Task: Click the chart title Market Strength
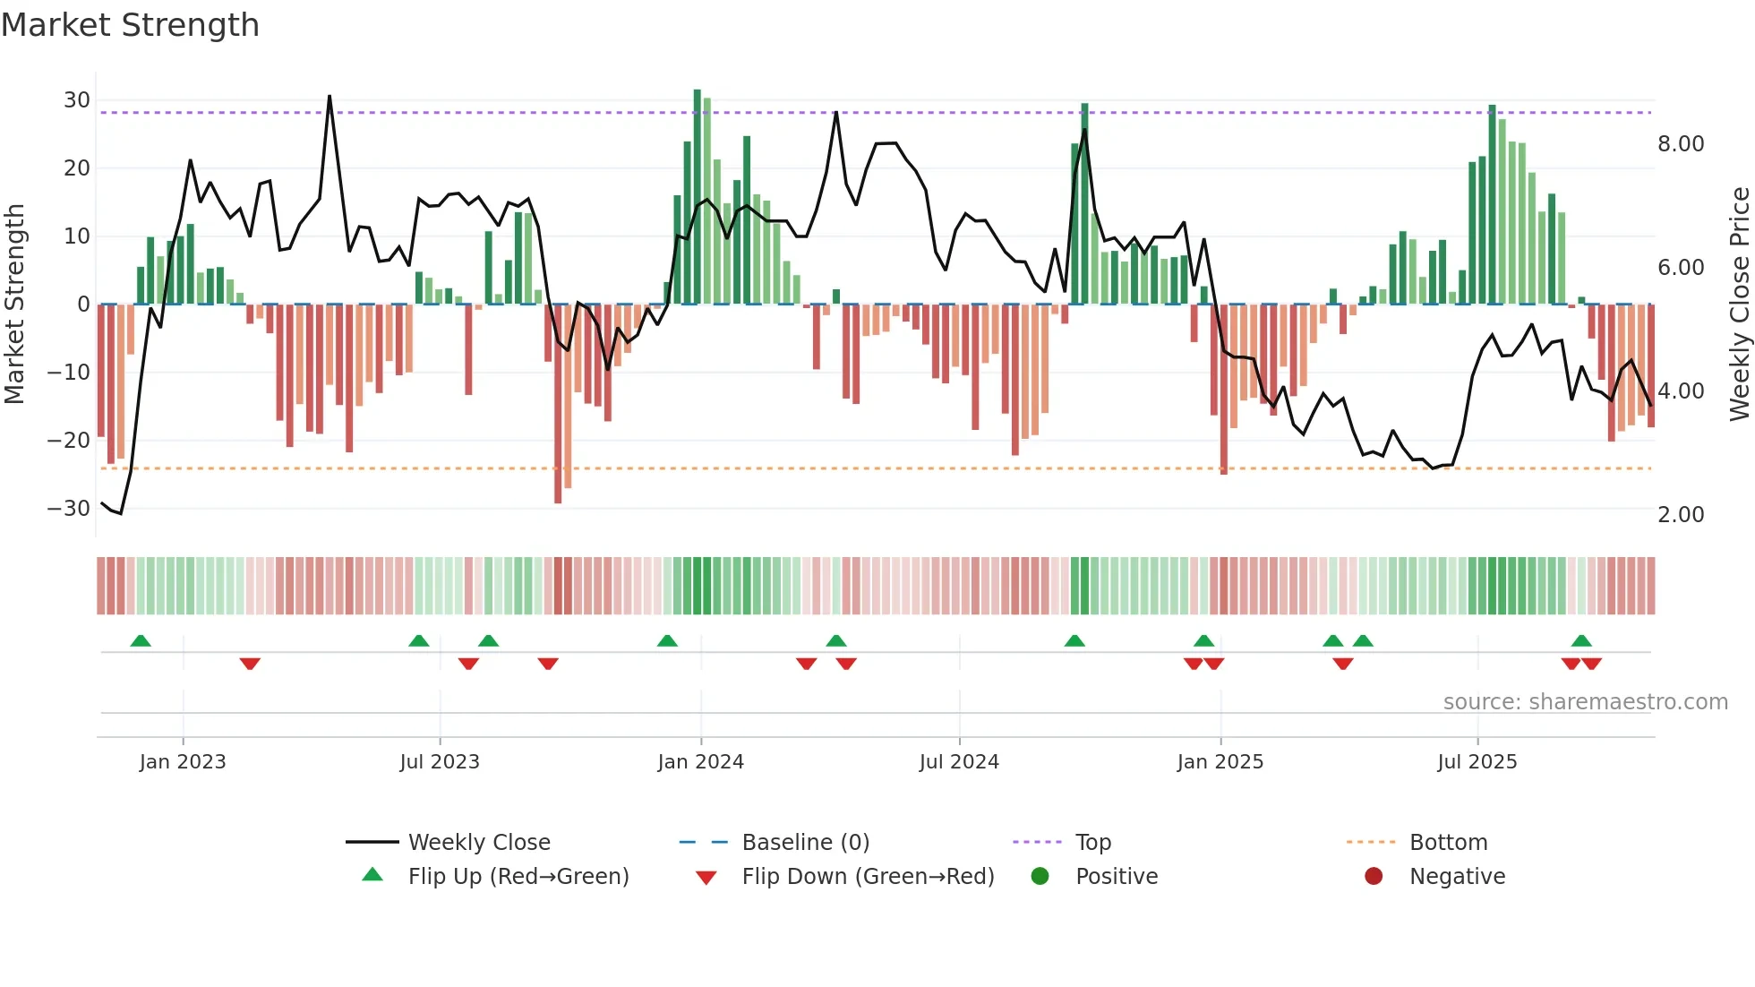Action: point(130,25)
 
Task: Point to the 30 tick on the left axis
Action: point(77,100)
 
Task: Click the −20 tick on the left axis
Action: point(69,440)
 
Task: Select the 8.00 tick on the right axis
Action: point(1681,144)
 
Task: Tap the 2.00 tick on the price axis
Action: point(1681,515)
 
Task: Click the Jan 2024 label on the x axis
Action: point(700,762)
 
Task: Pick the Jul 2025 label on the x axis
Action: point(1477,762)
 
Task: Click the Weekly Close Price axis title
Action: point(1739,305)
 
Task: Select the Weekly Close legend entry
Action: point(479,843)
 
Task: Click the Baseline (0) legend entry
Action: point(805,843)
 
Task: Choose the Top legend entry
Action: point(1092,843)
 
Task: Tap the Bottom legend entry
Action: point(1448,843)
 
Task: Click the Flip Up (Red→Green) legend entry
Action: point(518,877)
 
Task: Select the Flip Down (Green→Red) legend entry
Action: point(868,877)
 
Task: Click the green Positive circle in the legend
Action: point(1040,877)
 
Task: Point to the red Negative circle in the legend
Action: point(1374,877)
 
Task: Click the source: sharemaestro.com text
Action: point(1585,702)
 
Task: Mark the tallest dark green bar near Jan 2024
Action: point(698,197)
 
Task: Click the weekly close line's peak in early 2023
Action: point(330,96)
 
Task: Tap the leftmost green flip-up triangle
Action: point(141,640)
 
